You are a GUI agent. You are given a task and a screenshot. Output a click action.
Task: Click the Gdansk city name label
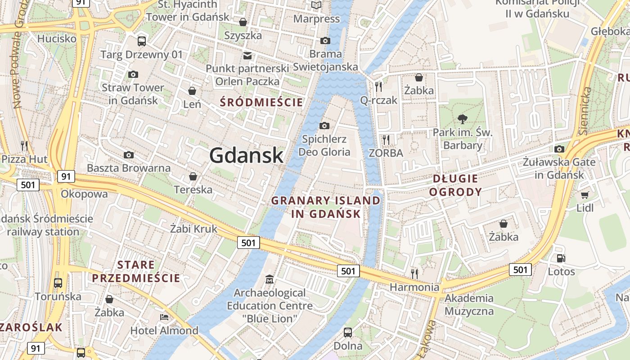(x=246, y=156)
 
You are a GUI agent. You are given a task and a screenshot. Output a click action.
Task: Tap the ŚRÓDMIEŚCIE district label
(x=261, y=102)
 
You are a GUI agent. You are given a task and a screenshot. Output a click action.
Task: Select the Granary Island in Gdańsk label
(x=326, y=207)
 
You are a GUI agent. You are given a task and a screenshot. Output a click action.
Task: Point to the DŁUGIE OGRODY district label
(x=455, y=185)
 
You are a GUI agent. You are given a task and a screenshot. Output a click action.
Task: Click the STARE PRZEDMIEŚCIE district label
(x=136, y=271)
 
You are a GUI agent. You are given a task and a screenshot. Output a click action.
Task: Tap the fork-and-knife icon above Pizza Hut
(x=24, y=145)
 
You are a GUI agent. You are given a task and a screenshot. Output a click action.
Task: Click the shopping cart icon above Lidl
(x=585, y=195)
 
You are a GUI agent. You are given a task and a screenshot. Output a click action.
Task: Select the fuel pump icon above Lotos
(x=561, y=258)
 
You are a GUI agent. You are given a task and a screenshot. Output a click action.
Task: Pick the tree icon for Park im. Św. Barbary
(x=462, y=119)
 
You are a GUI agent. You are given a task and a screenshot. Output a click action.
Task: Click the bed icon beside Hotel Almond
(x=164, y=317)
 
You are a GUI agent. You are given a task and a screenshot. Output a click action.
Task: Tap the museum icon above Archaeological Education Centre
(x=270, y=279)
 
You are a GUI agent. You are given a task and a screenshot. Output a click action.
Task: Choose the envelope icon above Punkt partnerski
(x=247, y=55)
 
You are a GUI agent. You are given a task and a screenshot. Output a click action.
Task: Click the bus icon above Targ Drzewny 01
(x=142, y=41)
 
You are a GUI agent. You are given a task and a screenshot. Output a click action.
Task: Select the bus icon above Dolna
(x=348, y=333)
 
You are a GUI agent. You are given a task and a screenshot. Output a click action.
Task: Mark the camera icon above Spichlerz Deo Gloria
(x=324, y=126)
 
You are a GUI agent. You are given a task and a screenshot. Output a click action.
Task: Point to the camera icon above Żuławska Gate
(x=559, y=149)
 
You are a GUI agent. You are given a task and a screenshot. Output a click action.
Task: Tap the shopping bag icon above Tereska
(x=193, y=176)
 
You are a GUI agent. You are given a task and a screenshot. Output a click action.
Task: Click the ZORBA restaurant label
(x=386, y=153)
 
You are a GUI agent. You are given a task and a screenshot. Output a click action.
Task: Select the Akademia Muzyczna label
(x=469, y=305)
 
